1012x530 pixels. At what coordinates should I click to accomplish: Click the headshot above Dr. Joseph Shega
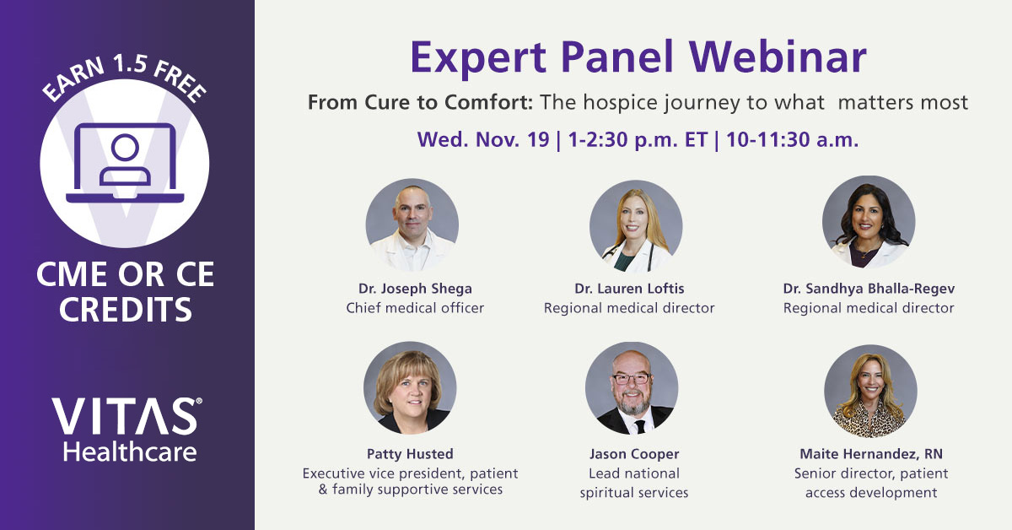412,224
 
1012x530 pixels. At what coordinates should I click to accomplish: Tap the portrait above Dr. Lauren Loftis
636,226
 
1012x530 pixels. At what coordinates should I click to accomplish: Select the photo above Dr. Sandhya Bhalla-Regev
869,222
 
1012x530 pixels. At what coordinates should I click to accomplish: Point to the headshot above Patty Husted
410,387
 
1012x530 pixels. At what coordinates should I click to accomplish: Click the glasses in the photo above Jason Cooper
631,379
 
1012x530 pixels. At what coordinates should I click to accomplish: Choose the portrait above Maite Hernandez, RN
870,391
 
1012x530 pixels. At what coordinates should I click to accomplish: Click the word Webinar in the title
778,57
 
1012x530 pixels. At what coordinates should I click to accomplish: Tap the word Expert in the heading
478,58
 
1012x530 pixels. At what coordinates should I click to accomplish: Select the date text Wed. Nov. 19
483,139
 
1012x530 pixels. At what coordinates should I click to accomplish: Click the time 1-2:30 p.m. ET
638,140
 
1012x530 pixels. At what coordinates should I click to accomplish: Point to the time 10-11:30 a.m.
793,139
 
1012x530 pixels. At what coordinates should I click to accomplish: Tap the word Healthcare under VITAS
130,452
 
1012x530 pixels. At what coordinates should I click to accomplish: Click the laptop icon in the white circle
125,163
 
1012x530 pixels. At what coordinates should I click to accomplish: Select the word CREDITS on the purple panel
126,310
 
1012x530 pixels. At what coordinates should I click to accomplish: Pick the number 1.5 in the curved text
130,62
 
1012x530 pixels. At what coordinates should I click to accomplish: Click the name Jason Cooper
634,454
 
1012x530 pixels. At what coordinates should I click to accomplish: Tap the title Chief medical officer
415,308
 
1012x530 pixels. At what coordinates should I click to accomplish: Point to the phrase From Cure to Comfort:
421,103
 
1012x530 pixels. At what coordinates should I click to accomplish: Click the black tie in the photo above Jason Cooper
639,426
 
